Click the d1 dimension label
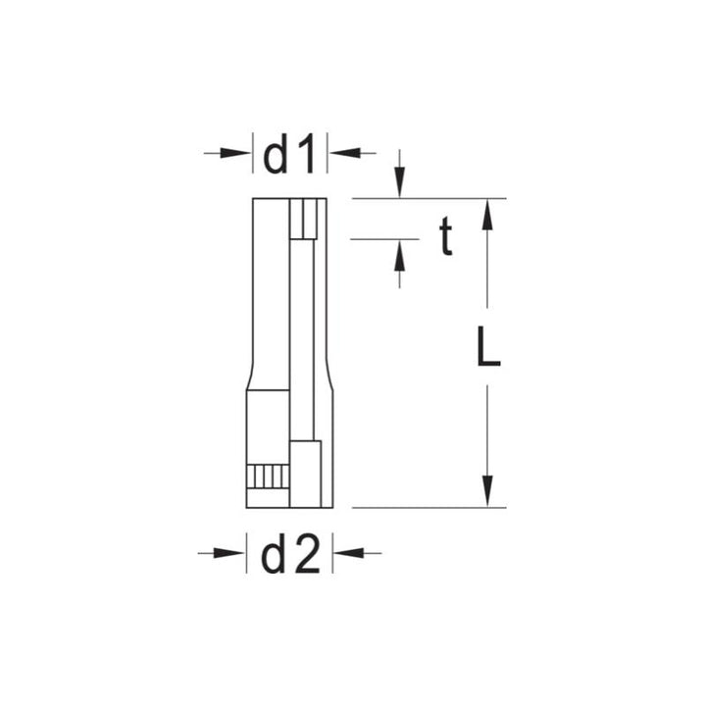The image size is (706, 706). [x=290, y=154]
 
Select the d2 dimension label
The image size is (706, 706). [x=290, y=555]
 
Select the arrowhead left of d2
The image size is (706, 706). [x=231, y=554]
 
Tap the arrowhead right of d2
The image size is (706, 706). [x=348, y=554]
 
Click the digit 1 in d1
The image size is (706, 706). [x=308, y=154]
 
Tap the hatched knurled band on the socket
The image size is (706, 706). [x=266, y=478]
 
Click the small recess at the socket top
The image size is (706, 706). [x=308, y=218]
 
